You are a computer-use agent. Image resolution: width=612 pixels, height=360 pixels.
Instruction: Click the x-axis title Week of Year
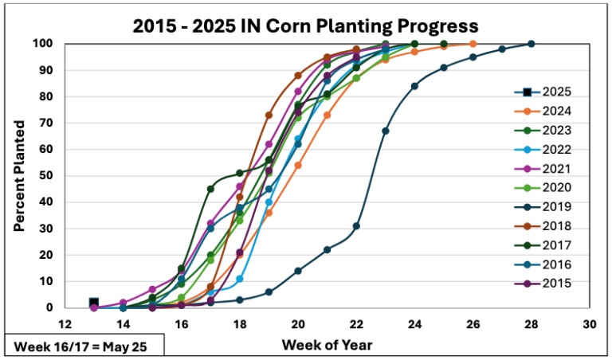[x=326, y=345]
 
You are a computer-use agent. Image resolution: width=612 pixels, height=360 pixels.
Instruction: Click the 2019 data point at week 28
[x=532, y=44]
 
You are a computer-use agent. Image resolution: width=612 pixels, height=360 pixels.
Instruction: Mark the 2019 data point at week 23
[x=386, y=131]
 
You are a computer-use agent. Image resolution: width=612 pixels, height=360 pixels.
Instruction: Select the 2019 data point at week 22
[x=356, y=225]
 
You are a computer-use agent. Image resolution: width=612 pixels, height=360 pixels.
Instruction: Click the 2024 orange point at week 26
[x=473, y=44]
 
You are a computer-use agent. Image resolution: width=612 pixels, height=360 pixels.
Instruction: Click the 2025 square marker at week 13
[x=94, y=303]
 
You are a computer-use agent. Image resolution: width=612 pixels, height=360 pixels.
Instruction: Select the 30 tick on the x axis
[x=590, y=324]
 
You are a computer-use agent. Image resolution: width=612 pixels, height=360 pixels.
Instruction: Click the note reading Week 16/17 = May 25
[x=84, y=346]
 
